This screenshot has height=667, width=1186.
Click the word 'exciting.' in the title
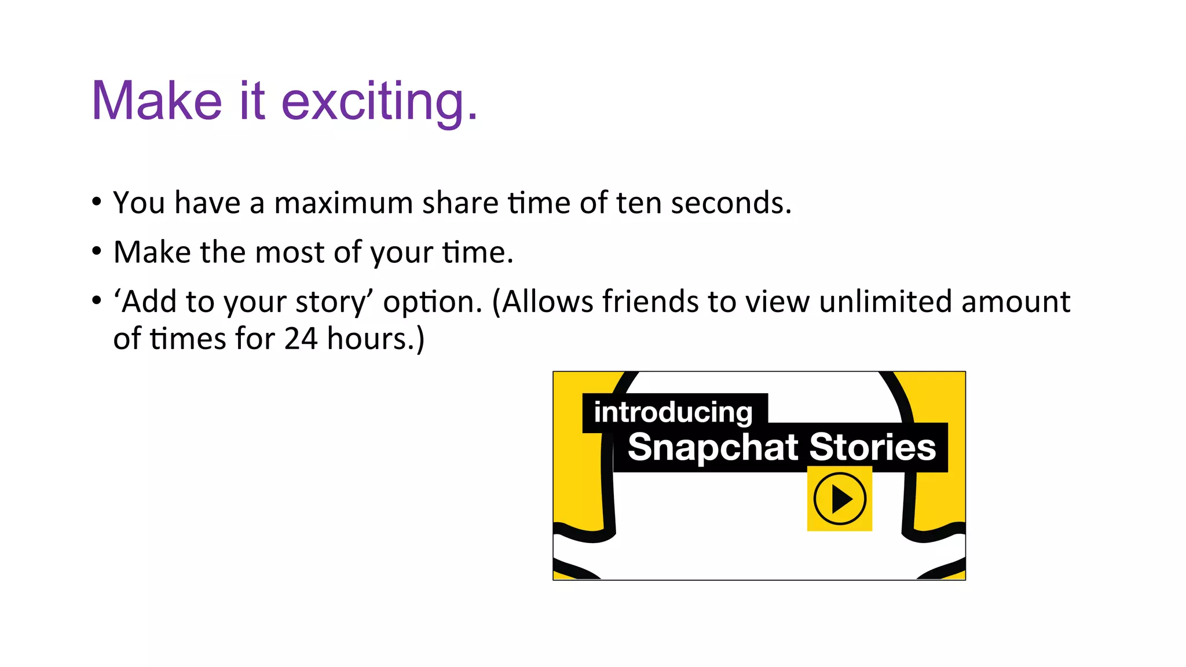pyautogui.click(x=379, y=102)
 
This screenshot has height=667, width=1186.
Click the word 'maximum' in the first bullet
pyautogui.click(x=343, y=203)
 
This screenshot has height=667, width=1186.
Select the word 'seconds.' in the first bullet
pyautogui.click(x=731, y=203)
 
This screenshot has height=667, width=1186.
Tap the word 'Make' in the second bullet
pyautogui.click(x=152, y=253)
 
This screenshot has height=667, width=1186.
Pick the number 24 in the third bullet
pyautogui.click(x=301, y=339)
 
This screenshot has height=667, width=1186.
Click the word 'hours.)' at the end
pyautogui.click(x=376, y=339)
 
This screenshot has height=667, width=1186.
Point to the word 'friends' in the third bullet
pyautogui.click(x=650, y=302)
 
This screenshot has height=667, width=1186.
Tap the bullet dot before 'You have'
pyautogui.click(x=97, y=202)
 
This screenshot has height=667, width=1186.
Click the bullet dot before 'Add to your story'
pyautogui.click(x=97, y=301)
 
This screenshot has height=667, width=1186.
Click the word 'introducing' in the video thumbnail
pyautogui.click(x=673, y=413)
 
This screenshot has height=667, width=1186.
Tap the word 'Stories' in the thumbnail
pyautogui.click(x=872, y=448)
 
